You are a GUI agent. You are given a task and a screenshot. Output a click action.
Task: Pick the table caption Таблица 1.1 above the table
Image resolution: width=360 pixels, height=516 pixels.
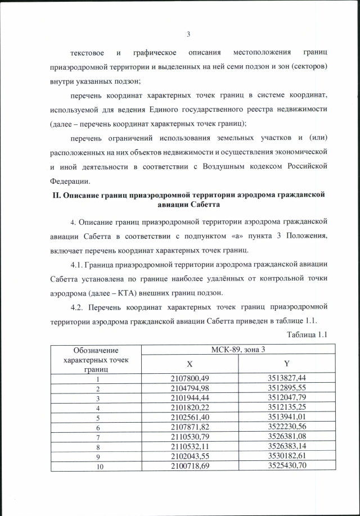(307, 335)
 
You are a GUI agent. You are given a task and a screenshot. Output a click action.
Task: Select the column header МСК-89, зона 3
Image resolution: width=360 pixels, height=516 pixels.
(238, 350)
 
